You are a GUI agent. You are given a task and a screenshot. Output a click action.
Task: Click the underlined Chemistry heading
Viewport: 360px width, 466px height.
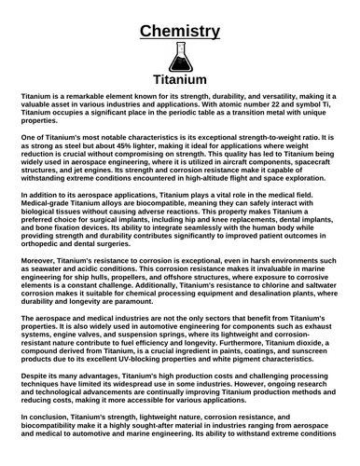[x=180, y=32]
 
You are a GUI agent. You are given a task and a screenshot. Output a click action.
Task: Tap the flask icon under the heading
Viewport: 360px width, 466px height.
[x=179, y=59]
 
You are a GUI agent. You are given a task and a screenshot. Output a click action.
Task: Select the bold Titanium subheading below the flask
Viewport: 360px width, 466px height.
[x=179, y=80]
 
